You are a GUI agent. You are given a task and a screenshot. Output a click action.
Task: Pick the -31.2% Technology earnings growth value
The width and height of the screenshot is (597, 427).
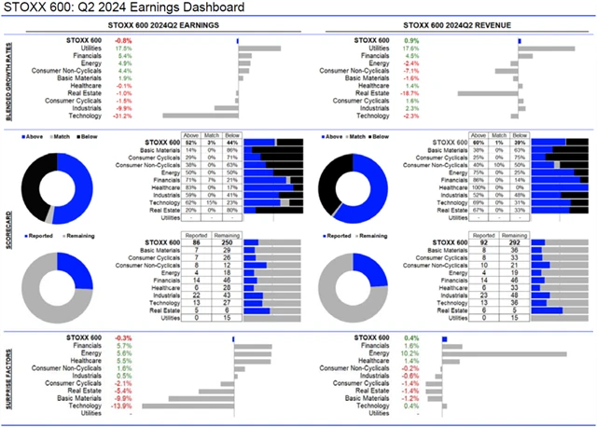[x=122, y=116]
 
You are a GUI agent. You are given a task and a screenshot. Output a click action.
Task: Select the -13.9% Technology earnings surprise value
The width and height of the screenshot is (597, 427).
[x=122, y=406]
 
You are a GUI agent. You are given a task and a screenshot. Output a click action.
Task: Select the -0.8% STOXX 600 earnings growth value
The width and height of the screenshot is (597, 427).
[x=123, y=41]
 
